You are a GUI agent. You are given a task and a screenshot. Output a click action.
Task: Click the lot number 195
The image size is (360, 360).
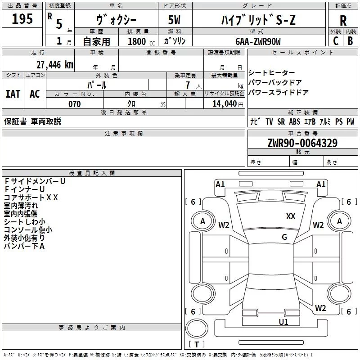pos(22,19)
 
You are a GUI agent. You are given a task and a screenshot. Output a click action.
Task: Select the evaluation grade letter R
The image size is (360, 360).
pos(343,21)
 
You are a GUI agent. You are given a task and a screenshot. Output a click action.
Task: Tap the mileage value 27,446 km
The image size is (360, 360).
pos(55,65)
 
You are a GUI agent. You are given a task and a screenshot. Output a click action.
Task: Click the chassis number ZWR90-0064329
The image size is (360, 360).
pos(302,144)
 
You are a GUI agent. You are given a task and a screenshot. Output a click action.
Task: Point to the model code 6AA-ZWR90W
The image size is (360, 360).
pos(258,41)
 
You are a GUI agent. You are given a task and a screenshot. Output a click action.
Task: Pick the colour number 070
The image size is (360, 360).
pos(74,104)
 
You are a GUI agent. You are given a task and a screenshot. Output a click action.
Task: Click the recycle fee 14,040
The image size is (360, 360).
pos(224,104)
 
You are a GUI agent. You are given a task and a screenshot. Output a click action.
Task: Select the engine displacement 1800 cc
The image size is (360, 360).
pos(138,41)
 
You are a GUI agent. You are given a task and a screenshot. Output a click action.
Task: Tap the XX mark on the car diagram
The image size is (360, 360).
pos(291,216)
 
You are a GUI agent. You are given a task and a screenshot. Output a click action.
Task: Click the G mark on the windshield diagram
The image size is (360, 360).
pos(284,237)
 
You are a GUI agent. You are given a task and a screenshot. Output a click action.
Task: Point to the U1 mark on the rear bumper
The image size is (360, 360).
pos(283,322)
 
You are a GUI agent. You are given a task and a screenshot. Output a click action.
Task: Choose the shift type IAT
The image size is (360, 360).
pos(13,94)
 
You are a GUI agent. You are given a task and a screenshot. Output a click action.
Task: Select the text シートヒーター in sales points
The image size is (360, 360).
pos(272,73)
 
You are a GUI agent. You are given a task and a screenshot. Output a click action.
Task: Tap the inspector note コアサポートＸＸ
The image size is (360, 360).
pos(31,197)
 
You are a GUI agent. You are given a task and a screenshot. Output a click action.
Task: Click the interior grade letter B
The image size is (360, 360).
pos(350,41)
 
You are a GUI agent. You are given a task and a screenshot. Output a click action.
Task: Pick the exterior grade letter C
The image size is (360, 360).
pos(335,41)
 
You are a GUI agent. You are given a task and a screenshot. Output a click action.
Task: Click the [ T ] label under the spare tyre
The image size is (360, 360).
pos(196,345)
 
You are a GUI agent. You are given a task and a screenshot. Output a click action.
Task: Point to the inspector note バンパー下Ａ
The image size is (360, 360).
pos(24,246)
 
